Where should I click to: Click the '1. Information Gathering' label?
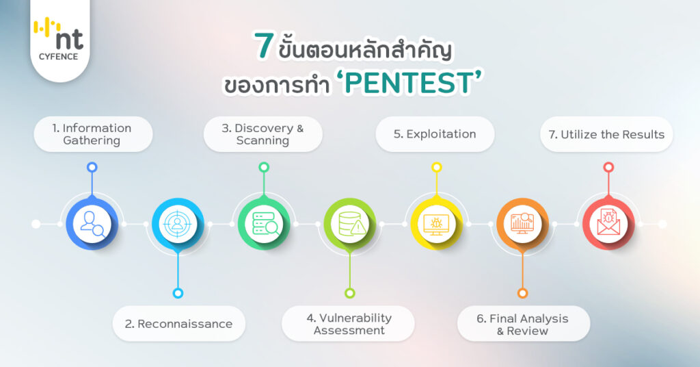[x=92, y=134]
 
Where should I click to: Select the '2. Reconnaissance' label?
[x=178, y=324]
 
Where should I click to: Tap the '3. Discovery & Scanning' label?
[x=262, y=134]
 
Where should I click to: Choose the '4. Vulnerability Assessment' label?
[x=349, y=324]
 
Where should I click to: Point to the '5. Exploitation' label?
[x=435, y=134]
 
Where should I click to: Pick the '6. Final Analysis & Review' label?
[x=522, y=325]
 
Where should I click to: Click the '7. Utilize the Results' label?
[x=606, y=134]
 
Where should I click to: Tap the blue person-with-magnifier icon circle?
[x=92, y=223]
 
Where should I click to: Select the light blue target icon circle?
[x=178, y=223]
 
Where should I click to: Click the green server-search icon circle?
[x=264, y=223]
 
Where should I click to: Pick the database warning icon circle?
[x=350, y=223]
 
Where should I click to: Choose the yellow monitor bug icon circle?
[x=436, y=223]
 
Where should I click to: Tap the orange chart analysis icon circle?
[x=522, y=223]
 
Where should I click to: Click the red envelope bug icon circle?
[x=608, y=223]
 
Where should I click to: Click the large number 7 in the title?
[x=264, y=46]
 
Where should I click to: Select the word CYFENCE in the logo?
[x=59, y=57]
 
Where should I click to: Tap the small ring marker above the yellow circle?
[x=437, y=168]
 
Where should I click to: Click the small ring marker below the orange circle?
[x=522, y=293]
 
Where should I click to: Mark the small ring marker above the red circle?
[x=608, y=168]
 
